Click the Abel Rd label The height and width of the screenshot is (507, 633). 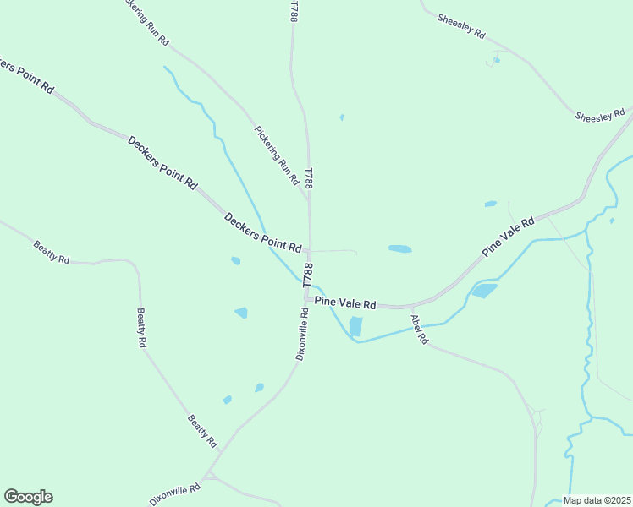(420, 330)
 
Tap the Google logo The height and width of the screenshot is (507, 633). (28, 497)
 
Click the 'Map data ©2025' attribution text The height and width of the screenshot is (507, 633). (597, 500)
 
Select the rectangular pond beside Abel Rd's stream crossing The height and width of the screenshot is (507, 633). (355, 326)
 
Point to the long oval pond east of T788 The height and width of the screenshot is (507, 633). (399, 249)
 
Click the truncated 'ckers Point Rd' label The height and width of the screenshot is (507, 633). (25, 75)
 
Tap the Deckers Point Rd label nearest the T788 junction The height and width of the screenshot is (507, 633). (263, 232)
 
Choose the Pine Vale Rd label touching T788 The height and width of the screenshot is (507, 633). (344, 301)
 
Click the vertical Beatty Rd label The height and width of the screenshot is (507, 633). (142, 328)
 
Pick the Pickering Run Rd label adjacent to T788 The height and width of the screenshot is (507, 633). (277, 155)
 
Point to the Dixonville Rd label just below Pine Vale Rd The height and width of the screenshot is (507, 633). (302, 333)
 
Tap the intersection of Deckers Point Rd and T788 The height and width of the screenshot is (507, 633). (309, 251)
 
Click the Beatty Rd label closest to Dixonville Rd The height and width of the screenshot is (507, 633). (203, 431)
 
